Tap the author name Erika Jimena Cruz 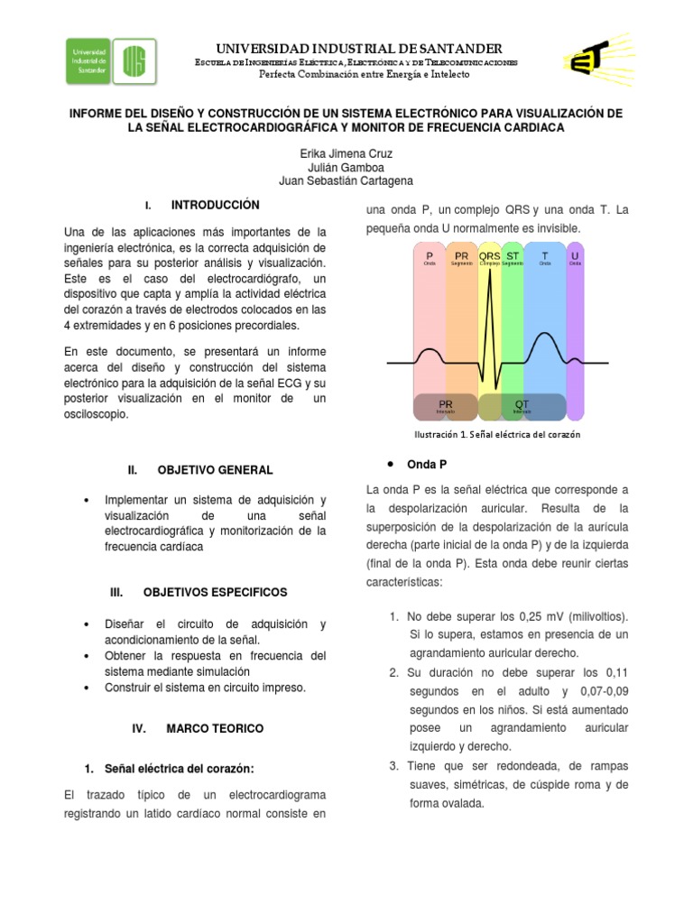point(346,153)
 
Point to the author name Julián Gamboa point(346,167)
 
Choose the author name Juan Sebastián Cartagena point(346,180)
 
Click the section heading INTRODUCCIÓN point(215,206)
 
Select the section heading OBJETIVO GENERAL point(215,470)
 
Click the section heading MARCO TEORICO point(215,727)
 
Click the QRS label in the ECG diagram point(490,256)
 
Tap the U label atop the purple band point(575,256)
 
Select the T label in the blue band point(544,256)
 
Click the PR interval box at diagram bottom point(445,406)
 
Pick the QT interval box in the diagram point(522,406)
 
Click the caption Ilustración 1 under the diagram point(496,434)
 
